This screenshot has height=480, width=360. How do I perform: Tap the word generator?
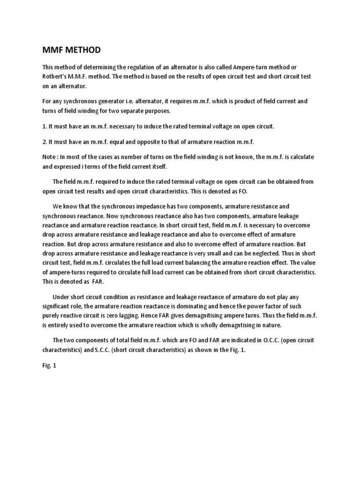tap(115, 101)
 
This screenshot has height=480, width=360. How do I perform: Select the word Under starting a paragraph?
tap(61, 297)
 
